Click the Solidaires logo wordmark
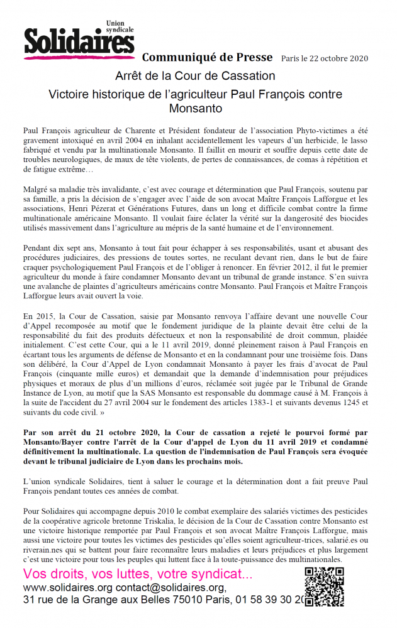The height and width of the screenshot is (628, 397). pos(78,42)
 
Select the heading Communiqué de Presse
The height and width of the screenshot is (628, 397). pos(207,57)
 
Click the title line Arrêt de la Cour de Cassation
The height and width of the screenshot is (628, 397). pos(195,76)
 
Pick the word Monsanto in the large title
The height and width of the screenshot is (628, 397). pos(195,108)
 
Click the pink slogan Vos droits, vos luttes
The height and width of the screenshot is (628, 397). pos(129,573)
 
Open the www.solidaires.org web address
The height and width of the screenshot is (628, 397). pos(67,587)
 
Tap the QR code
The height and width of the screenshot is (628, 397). pos(324,587)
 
